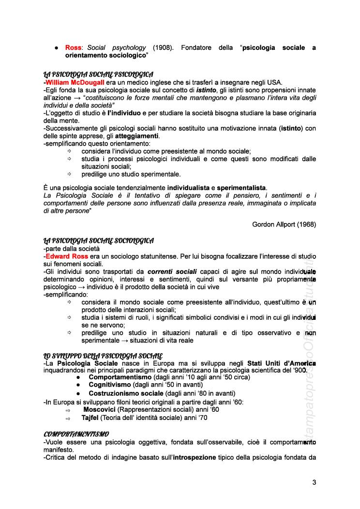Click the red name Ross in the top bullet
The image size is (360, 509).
click(73, 48)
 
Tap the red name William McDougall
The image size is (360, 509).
click(75, 82)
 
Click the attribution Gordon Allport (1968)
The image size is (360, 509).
click(284, 224)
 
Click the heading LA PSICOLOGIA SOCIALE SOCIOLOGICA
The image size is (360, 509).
click(99, 240)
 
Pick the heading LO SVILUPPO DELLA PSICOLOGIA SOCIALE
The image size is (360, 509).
click(103, 356)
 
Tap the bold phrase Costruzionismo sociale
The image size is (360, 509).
click(126, 393)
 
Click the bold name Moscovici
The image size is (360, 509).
click(100, 409)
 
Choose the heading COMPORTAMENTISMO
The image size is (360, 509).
click(76, 434)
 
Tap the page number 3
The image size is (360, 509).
click(314, 482)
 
